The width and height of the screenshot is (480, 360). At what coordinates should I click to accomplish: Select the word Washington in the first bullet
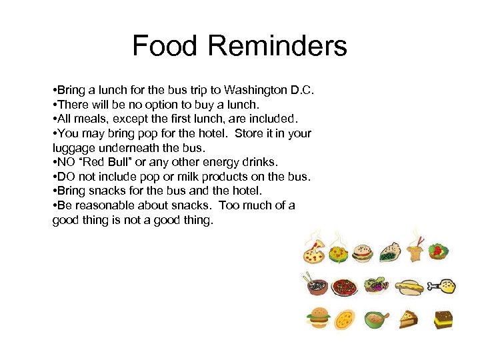(x=255, y=89)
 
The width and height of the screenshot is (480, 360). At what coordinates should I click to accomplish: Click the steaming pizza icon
(x=313, y=251)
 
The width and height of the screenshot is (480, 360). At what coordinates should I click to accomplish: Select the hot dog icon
(x=409, y=287)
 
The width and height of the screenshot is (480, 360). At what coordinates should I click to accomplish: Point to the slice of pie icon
(x=409, y=319)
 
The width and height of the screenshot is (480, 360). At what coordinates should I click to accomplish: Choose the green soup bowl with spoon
(x=376, y=319)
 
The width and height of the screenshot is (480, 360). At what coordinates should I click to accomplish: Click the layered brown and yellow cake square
(x=443, y=319)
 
